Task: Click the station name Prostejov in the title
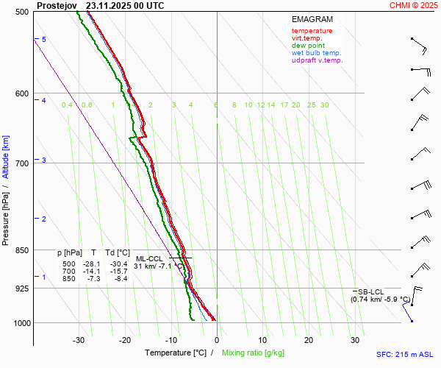tap(56, 5)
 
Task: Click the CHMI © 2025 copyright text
tap(413, 5)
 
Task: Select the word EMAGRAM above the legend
tap(312, 18)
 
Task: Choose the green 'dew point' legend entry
tap(309, 46)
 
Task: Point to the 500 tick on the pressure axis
tap(22, 12)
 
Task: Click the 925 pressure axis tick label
tap(22, 289)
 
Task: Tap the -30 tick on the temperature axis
tap(79, 340)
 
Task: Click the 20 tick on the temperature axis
tap(309, 340)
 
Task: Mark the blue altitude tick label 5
tap(44, 39)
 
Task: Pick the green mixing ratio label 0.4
tap(67, 105)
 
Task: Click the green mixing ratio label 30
tap(324, 105)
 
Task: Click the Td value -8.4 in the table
tap(121, 279)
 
